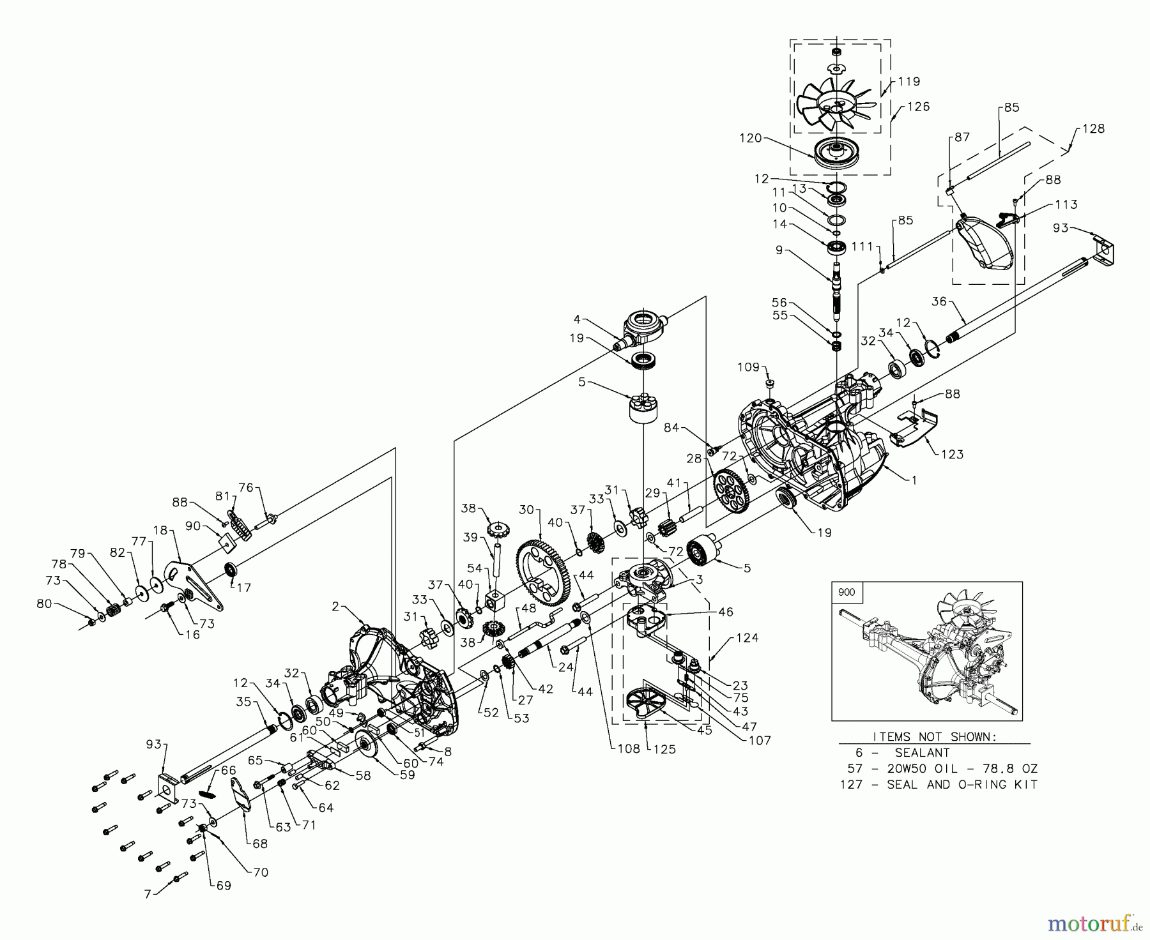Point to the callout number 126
pyautogui.click(x=919, y=107)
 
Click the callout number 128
pyautogui.click(x=1093, y=129)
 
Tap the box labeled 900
pyautogui.click(x=846, y=592)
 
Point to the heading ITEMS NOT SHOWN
pyautogui.click(x=934, y=736)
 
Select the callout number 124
pyautogui.click(x=747, y=637)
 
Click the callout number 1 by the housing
pyautogui.click(x=914, y=480)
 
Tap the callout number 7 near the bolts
pyautogui.click(x=148, y=894)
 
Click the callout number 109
pyautogui.click(x=748, y=367)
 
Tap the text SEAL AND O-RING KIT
pyautogui.click(x=962, y=784)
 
